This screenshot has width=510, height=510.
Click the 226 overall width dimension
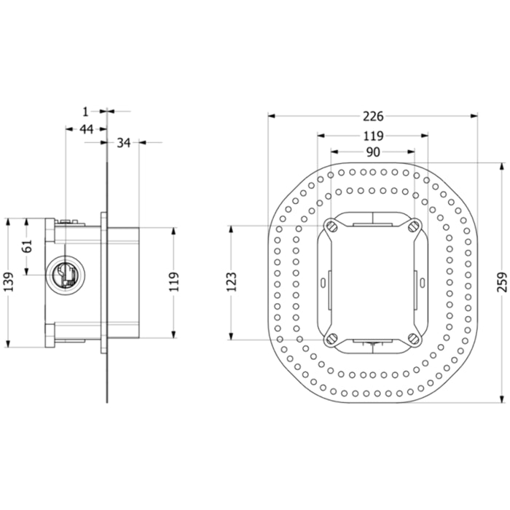coord(373,116)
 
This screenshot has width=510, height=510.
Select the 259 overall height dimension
coord(502,283)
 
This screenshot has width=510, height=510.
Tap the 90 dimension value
coord(373,152)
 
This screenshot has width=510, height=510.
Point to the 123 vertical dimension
coord(232,282)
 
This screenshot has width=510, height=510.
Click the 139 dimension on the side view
coord(9,282)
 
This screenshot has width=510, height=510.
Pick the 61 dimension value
coord(28,246)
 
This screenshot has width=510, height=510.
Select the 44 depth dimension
coord(87,129)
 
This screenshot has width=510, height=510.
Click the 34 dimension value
coord(124,143)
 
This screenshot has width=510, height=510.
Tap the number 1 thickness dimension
coord(85,112)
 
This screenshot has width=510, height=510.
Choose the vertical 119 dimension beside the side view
coord(175,282)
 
